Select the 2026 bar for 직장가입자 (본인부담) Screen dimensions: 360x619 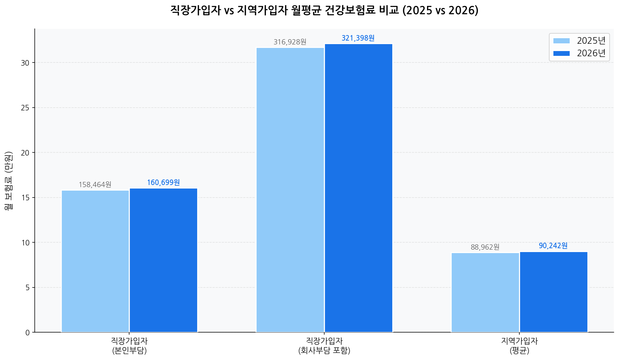(x=164, y=260)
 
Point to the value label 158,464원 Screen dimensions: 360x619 (x=95, y=185)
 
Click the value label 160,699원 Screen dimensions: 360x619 (x=164, y=183)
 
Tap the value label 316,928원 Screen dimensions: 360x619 (x=290, y=42)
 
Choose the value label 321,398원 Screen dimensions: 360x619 (x=358, y=38)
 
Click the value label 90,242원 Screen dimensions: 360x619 (x=553, y=246)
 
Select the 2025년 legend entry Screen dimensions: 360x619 (x=579, y=41)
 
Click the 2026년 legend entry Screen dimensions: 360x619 (x=579, y=53)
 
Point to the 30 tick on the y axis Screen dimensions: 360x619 (x=25, y=63)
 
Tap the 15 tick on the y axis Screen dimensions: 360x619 (x=25, y=198)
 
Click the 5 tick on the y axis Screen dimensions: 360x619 (x=27, y=287)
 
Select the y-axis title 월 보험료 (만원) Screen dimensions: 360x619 (x=9, y=181)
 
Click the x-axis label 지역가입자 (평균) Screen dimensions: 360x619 (x=519, y=345)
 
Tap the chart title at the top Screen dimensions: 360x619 (x=324, y=10)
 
